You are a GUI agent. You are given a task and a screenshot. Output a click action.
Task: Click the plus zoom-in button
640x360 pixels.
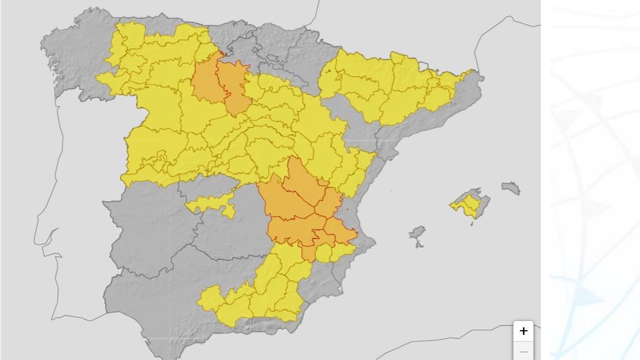pyautogui.click(x=523, y=331)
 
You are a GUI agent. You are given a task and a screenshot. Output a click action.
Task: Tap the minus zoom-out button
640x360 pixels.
pyautogui.click(x=523, y=351)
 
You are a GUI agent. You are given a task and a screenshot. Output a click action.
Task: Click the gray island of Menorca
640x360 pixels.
pyautogui.click(x=511, y=187)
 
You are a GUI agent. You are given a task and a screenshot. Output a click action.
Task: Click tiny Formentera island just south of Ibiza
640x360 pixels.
pyautogui.click(x=419, y=245)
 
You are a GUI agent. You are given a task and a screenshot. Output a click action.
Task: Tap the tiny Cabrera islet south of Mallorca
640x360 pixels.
pyautogui.click(x=472, y=224)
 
